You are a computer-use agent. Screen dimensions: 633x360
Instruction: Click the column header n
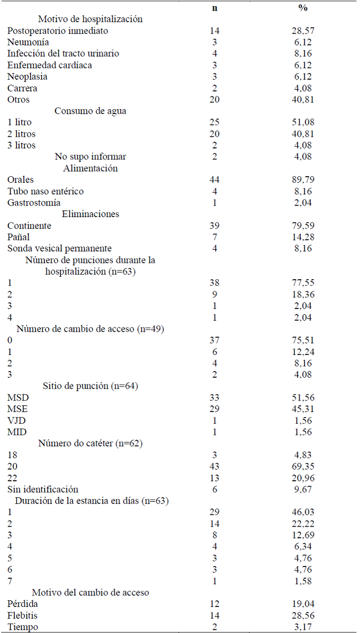(x=214, y=8)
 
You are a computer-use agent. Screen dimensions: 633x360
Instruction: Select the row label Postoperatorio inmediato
(x=58, y=30)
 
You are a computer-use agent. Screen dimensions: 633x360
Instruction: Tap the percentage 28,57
(x=302, y=30)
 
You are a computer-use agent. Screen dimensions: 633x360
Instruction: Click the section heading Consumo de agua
(x=90, y=111)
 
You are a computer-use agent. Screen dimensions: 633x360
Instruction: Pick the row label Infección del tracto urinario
(x=63, y=54)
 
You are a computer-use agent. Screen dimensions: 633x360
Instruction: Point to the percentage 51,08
(x=302, y=122)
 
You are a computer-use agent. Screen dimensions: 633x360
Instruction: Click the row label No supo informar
(x=90, y=157)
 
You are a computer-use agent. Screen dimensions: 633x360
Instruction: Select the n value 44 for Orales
(x=214, y=179)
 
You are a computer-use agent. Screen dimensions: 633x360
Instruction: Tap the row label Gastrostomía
(x=34, y=203)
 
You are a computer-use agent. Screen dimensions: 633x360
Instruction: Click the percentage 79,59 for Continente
(x=302, y=225)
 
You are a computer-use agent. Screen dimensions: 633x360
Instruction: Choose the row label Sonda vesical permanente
(x=59, y=249)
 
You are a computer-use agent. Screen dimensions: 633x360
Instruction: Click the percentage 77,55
(x=302, y=282)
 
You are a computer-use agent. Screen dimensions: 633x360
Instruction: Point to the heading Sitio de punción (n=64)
(x=90, y=386)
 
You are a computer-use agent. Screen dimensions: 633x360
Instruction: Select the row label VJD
(x=17, y=420)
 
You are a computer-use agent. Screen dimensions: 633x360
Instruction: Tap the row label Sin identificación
(x=43, y=489)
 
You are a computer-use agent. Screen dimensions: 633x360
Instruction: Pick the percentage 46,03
(x=302, y=512)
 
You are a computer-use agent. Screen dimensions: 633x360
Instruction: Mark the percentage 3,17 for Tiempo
(x=302, y=627)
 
